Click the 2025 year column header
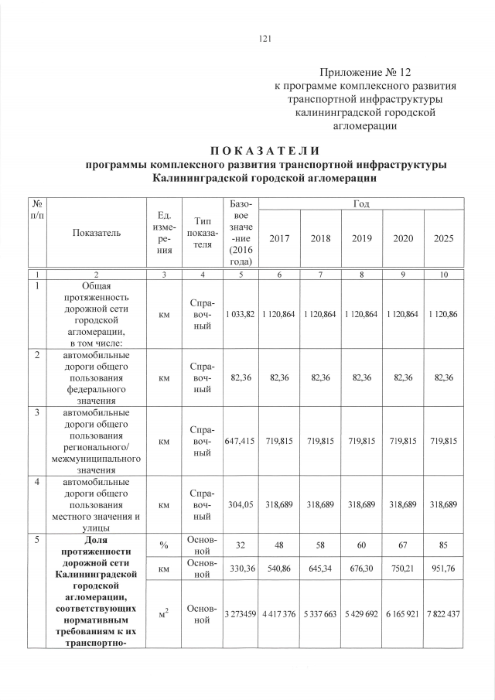[x=443, y=239]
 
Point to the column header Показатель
[x=97, y=233]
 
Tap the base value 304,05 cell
[x=240, y=504]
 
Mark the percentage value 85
[x=443, y=544]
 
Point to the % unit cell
[x=163, y=545]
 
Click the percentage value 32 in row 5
[x=240, y=544]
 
